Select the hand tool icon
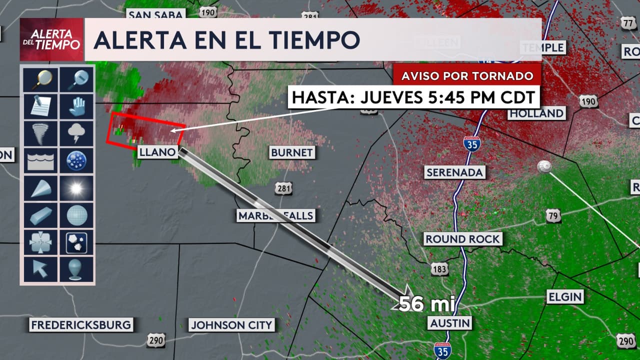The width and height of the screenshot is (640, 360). [x=76, y=106]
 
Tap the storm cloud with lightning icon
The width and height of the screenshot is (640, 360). [x=76, y=133]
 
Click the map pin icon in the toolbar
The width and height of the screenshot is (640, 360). [x=76, y=269]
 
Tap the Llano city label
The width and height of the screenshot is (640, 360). [x=157, y=152]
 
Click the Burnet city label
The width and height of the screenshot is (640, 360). [x=291, y=152]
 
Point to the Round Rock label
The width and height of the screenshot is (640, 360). [x=462, y=239]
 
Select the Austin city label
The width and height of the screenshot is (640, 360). [x=450, y=323]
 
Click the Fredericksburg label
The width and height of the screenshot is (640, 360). [x=81, y=325]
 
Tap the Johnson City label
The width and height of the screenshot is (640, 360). [x=232, y=325]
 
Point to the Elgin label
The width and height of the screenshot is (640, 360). [x=565, y=296]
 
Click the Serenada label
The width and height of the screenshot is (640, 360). [x=455, y=172]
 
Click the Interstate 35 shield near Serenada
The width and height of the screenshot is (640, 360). [x=471, y=144]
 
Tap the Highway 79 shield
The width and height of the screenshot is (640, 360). [x=553, y=216]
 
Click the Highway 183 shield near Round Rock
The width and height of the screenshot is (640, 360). [x=439, y=269]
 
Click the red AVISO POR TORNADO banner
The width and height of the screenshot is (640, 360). [x=467, y=76]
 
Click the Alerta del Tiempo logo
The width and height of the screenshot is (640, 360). [x=51, y=40]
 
